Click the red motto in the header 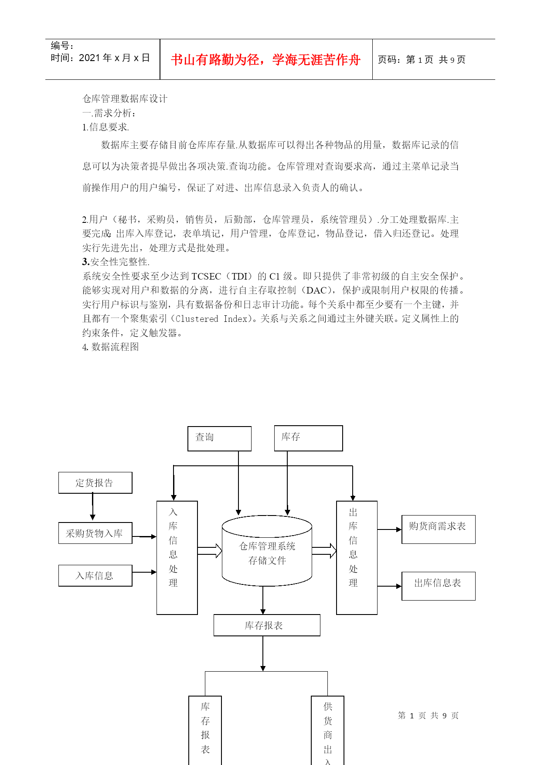[x=265, y=60]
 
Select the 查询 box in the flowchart [x=220, y=438]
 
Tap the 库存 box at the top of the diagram [x=308, y=438]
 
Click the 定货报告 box [x=95, y=483]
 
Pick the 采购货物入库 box [x=95, y=533]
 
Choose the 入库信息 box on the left [x=95, y=576]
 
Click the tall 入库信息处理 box [x=177, y=558]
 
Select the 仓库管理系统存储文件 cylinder [x=267, y=550]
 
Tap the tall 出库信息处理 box [x=357, y=558]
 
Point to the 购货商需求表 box [x=439, y=529]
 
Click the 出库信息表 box [x=439, y=586]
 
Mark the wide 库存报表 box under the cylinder [x=267, y=625]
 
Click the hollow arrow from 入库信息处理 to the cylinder [x=210, y=551]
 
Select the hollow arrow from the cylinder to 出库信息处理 [x=324, y=551]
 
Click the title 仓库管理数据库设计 [x=125, y=99]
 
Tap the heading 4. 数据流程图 [x=111, y=347]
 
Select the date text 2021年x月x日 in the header [x=114, y=58]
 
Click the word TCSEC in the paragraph [x=206, y=277]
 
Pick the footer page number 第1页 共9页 [x=428, y=716]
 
